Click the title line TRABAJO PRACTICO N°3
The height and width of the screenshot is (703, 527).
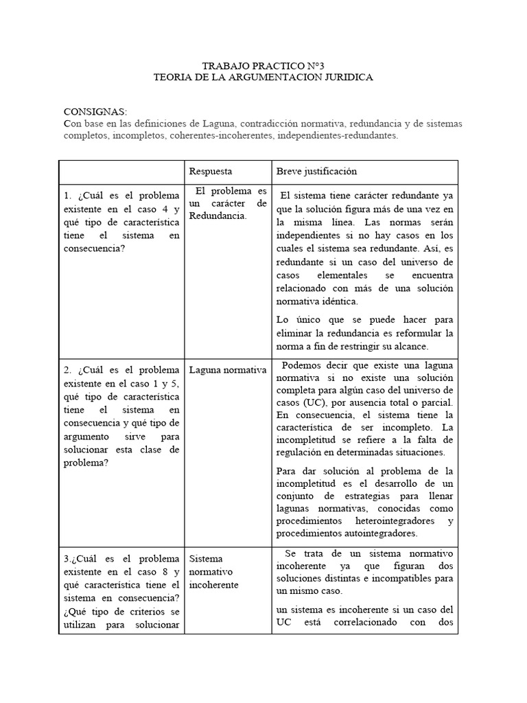coord(263,66)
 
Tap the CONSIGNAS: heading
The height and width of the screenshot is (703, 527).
coord(95,112)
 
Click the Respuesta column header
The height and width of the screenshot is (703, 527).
coord(211,171)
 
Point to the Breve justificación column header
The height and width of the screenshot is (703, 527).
coord(316,171)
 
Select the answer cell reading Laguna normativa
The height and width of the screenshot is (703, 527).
coord(227,370)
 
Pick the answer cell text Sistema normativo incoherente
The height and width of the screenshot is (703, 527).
coord(213,572)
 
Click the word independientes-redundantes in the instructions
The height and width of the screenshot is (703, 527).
coord(343,136)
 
